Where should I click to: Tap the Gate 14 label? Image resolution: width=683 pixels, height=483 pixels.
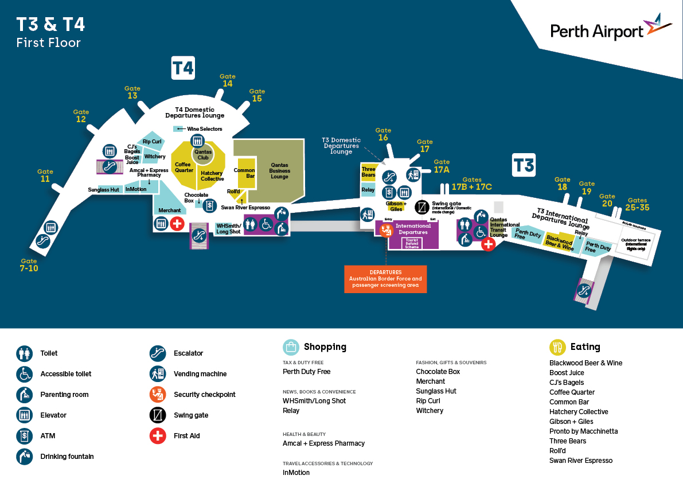pyautogui.click(x=228, y=80)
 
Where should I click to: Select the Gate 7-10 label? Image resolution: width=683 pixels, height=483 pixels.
pyautogui.click(x=29, y=264)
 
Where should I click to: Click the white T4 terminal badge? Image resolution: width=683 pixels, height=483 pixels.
pyautogui.click(x=183, y=68)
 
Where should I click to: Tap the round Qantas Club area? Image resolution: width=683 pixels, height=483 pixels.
pyautogui.click(x=202, y=154)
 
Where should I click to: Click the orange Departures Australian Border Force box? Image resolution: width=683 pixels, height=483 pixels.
pyautogui.click(x=385, y=279)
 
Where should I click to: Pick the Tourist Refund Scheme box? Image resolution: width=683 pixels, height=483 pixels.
pyautogui.click(x=412, y=243)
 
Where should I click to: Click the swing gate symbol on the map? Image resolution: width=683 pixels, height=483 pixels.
pyautogui.click(x=423, y=207)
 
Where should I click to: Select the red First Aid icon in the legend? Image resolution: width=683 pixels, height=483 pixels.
pyautogui.click(x=158, y=436)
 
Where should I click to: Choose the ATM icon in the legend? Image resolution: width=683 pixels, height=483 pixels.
pyautogui.click(x=24, y=436)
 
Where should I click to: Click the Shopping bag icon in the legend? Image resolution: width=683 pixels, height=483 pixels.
pyautogui.click(x=291, y=347)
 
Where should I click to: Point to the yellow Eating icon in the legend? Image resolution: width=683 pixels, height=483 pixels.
pyautogui.click(x=557, y=347)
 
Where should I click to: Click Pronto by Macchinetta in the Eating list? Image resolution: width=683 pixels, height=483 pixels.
pyautogui.click(x=583, y=431)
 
